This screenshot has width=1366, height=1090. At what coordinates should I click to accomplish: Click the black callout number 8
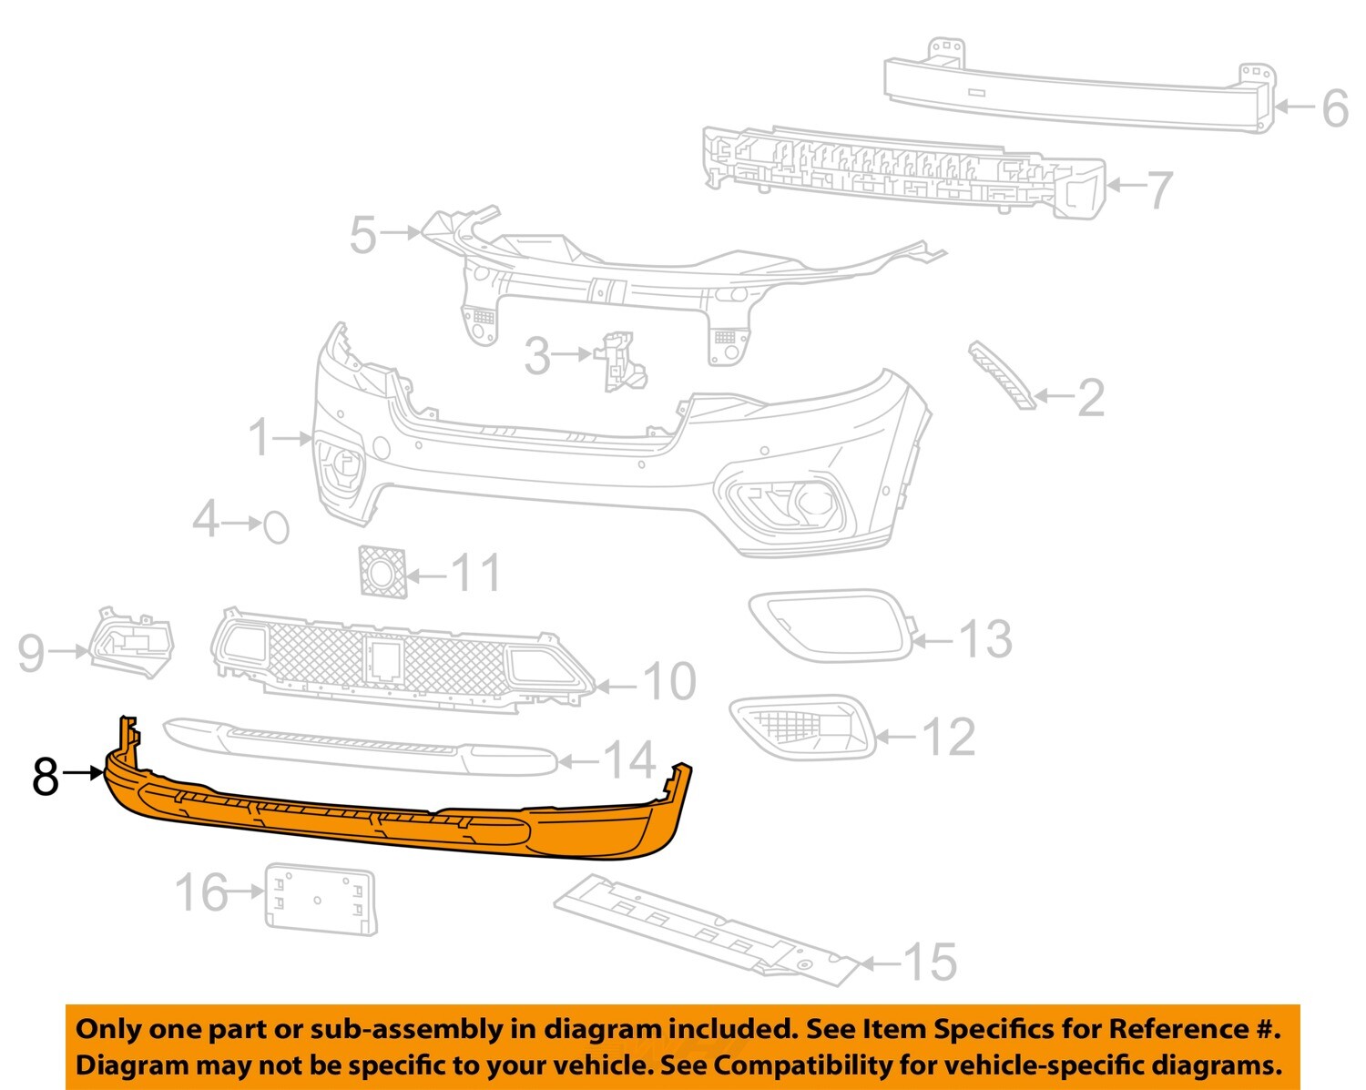46,777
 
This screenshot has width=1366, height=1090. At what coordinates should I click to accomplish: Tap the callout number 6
1334,108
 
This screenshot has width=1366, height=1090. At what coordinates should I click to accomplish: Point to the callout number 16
200,891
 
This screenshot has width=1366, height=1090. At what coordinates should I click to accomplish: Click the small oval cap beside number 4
276,526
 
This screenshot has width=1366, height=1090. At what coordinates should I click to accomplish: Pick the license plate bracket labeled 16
319,899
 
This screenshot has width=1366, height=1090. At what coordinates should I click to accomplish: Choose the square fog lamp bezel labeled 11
382,571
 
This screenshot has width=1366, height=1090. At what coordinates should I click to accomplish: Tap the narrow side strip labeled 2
1002,374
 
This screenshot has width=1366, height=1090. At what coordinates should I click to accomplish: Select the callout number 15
931,963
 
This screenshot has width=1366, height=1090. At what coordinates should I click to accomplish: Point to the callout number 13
986,639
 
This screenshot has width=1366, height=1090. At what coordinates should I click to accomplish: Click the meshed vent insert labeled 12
801,727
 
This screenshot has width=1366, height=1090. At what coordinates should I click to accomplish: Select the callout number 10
669,681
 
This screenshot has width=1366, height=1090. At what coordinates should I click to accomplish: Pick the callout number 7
1157,189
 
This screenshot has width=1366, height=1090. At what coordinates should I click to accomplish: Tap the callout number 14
630,759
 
